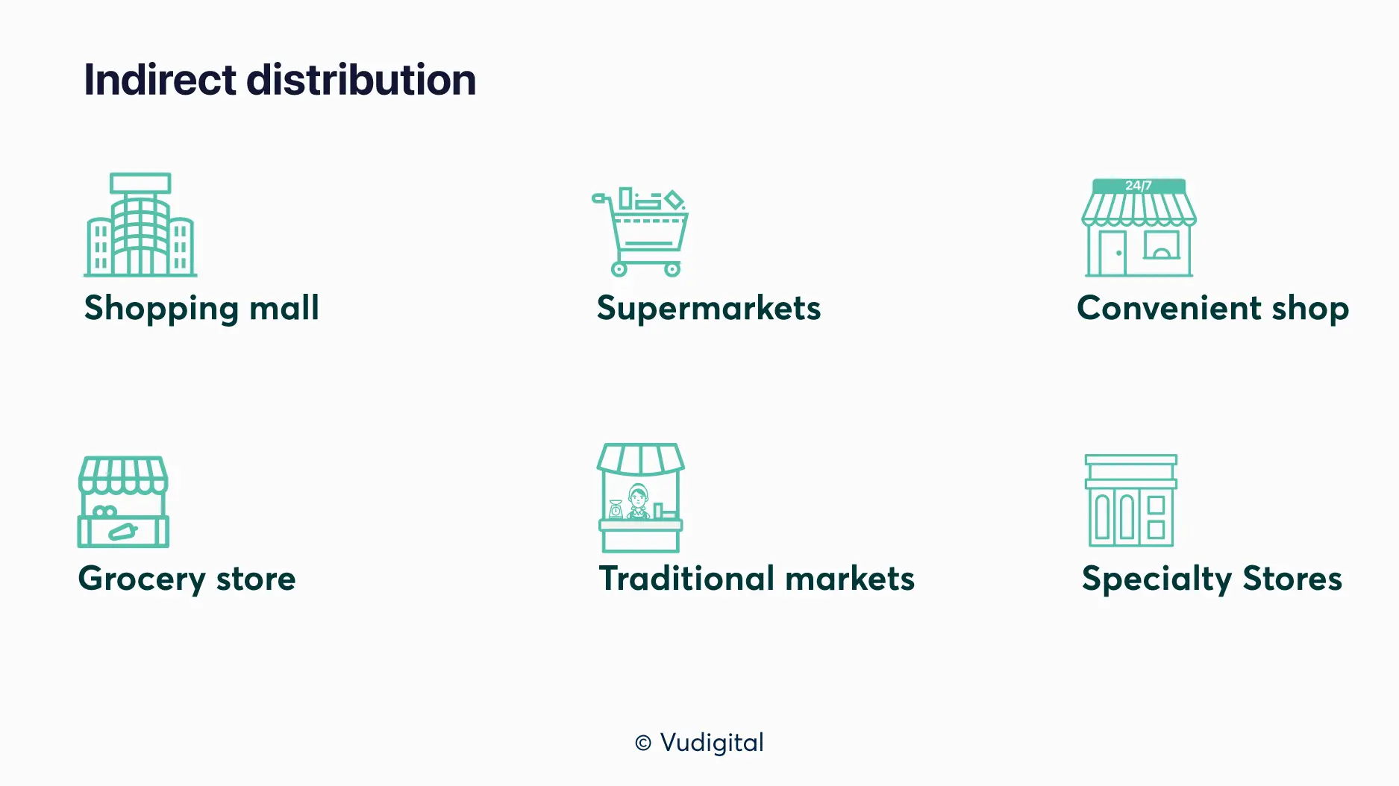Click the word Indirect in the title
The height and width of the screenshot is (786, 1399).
click(160, 80)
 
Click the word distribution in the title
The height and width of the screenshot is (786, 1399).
click(361, 80)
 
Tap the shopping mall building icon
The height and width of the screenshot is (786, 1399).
click(140, 224)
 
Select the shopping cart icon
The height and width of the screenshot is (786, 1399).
click(640, 232)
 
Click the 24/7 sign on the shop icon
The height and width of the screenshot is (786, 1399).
click(1139, 186)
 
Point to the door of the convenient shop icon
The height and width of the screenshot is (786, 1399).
click(1112, 253)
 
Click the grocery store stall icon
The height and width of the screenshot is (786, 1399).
click(123, 502)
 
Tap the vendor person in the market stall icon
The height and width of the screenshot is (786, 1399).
click(638, 500)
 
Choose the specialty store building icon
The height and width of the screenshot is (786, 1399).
click(1131, 500)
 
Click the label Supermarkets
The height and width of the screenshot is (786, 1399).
click(709, 309)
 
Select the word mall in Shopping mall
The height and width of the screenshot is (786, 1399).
click(284, 307)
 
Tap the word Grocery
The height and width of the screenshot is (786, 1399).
click(142, 579)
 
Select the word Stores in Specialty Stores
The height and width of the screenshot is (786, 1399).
click(1292, 578)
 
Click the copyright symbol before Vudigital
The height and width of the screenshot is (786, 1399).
click(643, 743)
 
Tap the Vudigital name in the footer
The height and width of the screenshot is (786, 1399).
click(713, 743)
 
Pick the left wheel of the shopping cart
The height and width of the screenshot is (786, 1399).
click(619, 269)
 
